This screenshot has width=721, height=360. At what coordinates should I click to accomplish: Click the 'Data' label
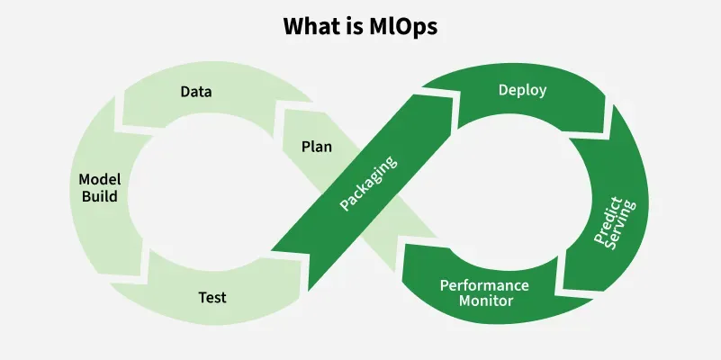point(196,92)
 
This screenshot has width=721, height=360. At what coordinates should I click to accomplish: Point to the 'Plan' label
point(316,145)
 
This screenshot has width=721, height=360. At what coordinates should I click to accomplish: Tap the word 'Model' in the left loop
point(99,179)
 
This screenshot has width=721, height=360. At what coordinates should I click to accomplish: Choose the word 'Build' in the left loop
point(100,195)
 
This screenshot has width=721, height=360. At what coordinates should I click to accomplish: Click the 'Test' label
point(212,296)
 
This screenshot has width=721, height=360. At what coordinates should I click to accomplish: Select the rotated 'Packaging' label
point(369,184)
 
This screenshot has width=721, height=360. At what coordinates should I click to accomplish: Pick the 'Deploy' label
point(522,90)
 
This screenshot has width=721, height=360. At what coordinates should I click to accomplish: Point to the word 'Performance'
point(484,285)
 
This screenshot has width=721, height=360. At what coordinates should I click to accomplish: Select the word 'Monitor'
point(486,301)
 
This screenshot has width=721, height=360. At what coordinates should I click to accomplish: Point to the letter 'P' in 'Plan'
point(305,145)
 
